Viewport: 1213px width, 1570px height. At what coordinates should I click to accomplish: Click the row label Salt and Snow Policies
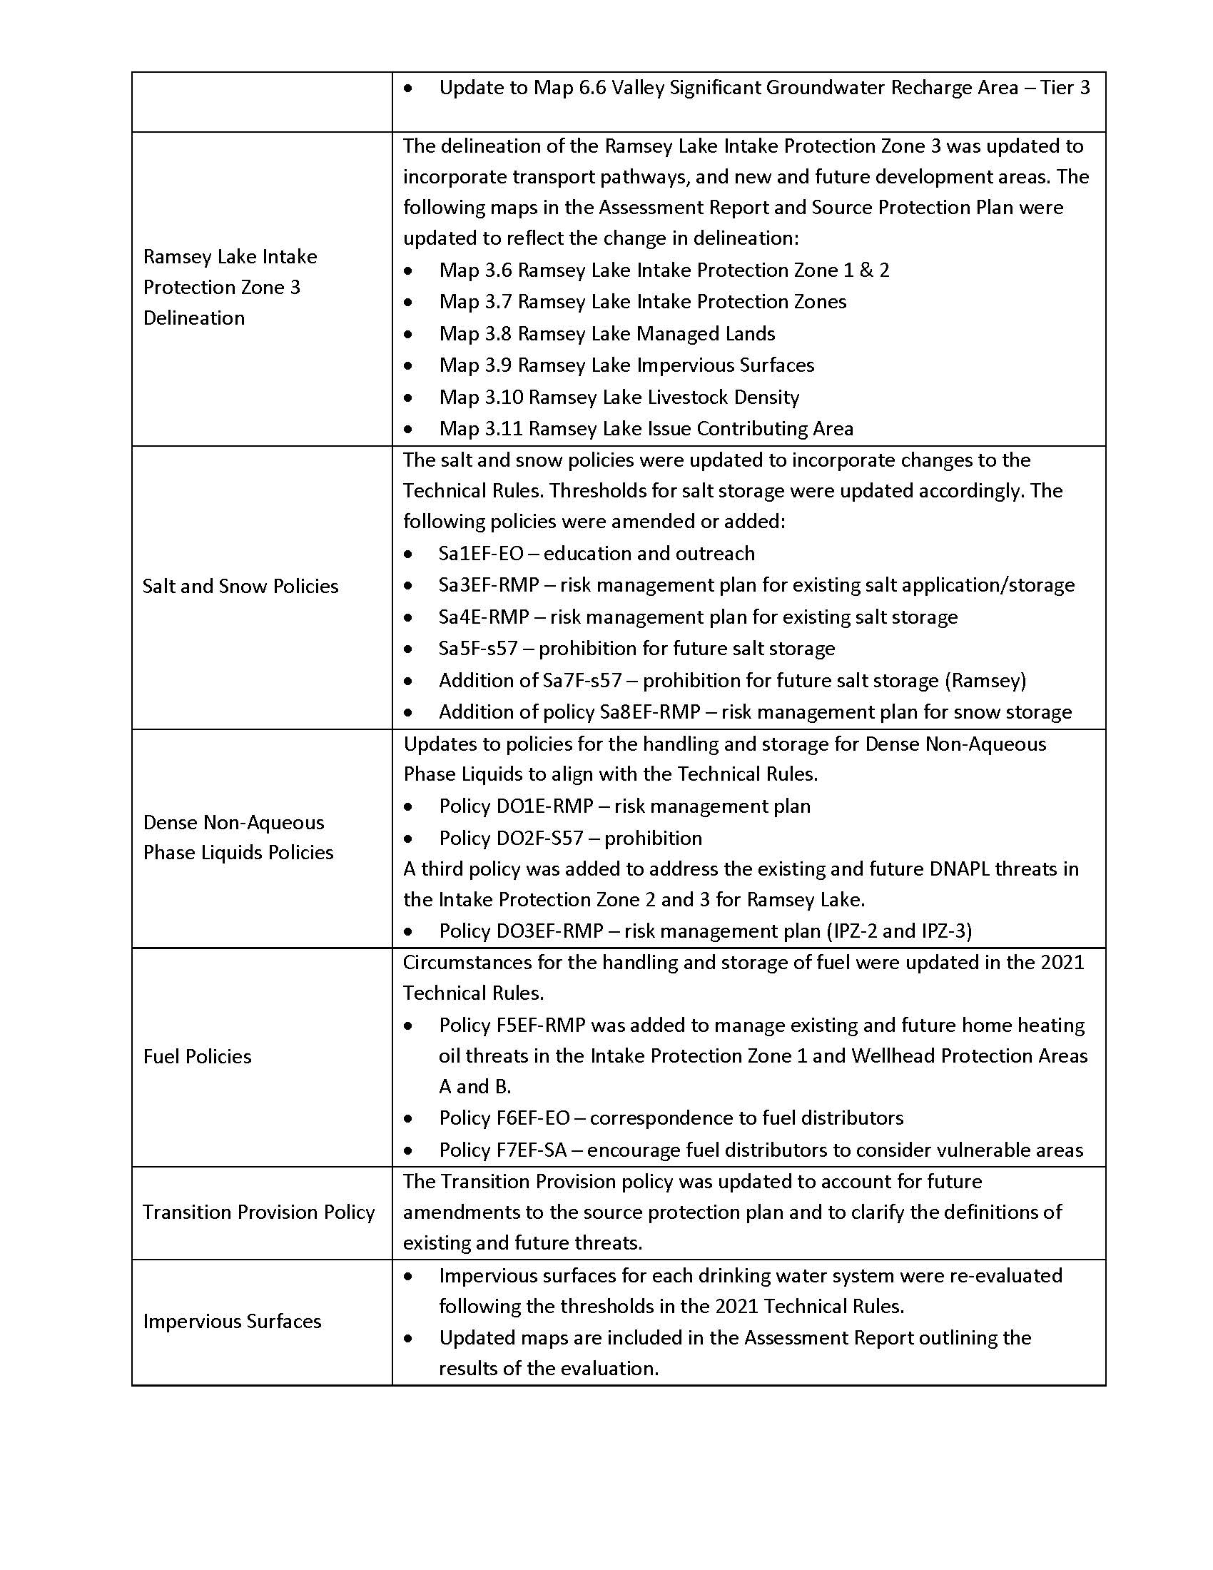pos(240,586)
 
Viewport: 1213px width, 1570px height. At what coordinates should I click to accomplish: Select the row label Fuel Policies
pos(197,1056)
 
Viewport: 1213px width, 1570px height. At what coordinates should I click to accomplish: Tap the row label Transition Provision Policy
pos(259,1212)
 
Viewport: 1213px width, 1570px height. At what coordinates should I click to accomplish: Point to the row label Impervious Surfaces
pos(232,1321)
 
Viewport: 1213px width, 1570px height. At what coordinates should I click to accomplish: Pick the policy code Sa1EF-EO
pos(481,553)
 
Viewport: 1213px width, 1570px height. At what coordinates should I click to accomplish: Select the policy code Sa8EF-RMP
pos(649,711)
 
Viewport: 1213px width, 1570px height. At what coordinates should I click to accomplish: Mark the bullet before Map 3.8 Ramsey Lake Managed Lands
pos(408,334)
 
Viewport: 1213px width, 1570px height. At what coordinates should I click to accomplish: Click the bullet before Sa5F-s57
pos(408,649)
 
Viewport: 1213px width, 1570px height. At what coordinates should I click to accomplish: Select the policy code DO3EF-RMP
pos(549,931)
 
